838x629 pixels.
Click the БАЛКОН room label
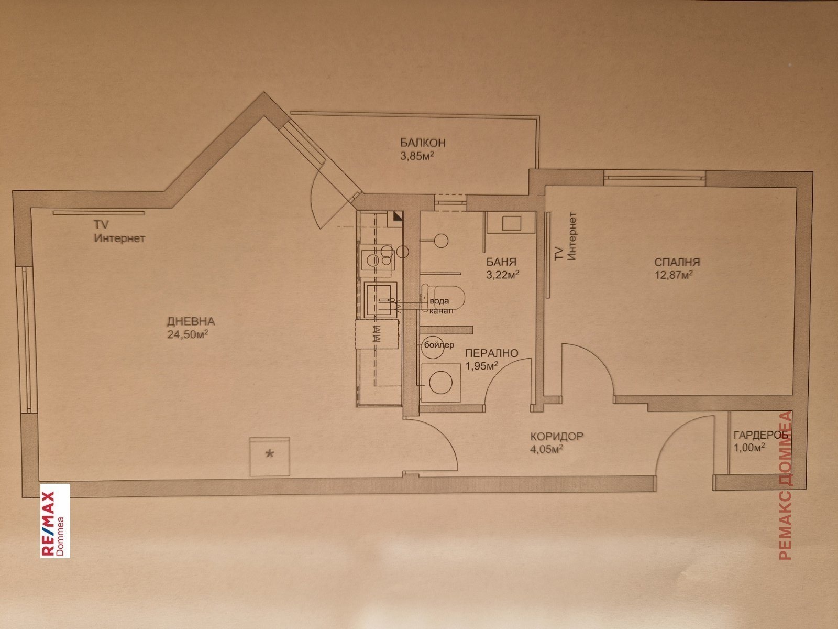pos(423,143)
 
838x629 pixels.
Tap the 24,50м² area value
pos(188,334)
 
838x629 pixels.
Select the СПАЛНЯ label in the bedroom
pos(677,262)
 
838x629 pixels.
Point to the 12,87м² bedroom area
pos(674,275)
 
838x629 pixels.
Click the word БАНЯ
pos(501,262)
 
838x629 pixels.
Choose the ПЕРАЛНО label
pos(491,353)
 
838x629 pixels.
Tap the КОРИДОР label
pos(557,436)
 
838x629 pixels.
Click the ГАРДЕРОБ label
pos(760,435)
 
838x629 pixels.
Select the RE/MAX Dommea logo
pos(55,521)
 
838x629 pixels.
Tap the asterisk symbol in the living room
pos(270,454)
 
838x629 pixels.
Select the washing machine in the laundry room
pos(441,383)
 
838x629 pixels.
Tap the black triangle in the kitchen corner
pos(398,216)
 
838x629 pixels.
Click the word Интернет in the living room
pos(119,238)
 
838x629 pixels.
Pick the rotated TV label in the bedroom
pos(558,254)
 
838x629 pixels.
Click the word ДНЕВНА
pos(191,321)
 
